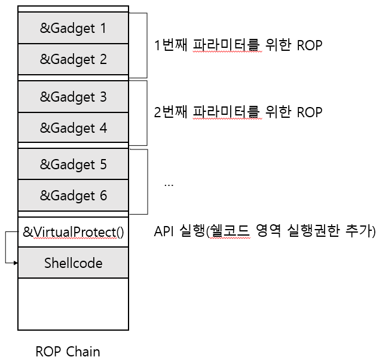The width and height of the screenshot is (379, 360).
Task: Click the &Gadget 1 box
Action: tap(73, 28)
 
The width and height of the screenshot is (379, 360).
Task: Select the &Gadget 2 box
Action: tap(73, 59)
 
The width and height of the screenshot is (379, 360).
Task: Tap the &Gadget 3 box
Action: tap(73, 96)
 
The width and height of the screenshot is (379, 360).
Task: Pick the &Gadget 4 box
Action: tap(73, 127)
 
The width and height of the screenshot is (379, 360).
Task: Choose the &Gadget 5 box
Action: tap(73, 164)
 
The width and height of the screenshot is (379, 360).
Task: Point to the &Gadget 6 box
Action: tap(73, 196)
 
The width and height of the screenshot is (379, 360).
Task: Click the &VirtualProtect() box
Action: tap(73, 232)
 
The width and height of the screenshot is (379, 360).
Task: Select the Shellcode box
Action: tap(73, 263)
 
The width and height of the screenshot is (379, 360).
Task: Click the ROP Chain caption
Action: tap(68, 351)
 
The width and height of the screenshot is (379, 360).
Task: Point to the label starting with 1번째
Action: tap(238, 45)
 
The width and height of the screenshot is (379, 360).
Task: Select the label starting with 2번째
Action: tap(238, 112)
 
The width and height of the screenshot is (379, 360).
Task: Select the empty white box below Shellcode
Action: tap(73, 304)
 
